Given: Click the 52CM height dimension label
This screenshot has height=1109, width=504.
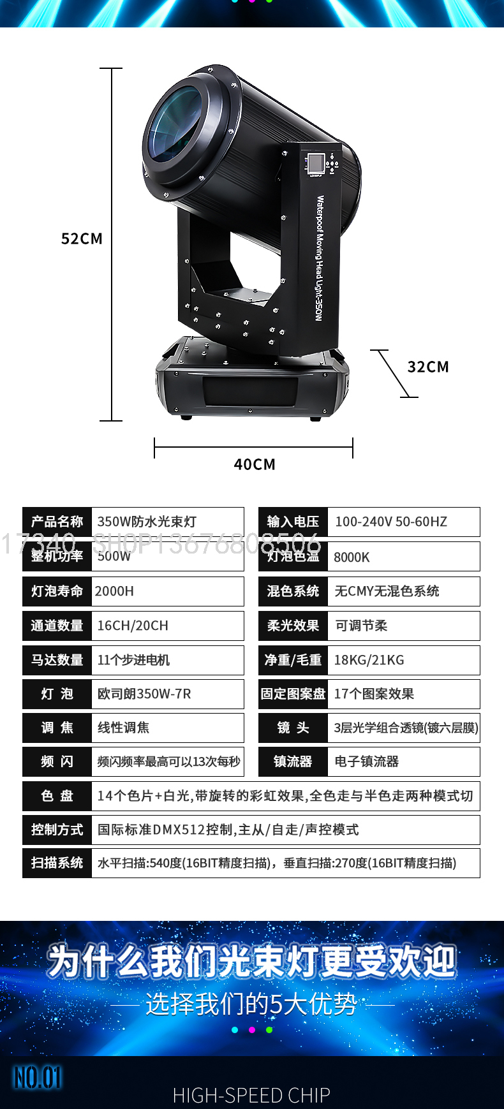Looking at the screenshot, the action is pyautogui.click(x=82, y=239).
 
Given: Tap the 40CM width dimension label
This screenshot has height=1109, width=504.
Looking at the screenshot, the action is pyautogui.click(x=255, y=464).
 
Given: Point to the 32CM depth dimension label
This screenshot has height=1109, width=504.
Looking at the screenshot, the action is pyautogui.click(x=428, y=367).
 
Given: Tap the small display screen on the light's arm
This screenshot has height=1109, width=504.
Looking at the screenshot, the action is pyautogui.click(x=315, y=163).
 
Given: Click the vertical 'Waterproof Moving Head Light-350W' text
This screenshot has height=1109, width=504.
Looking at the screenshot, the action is pyautogui.click(x=320, y=258).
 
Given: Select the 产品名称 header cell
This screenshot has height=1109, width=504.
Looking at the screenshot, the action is pyautogui.click(x=57, y=522).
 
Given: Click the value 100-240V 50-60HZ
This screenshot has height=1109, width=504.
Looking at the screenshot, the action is pyautogui.click(x=391, y=522).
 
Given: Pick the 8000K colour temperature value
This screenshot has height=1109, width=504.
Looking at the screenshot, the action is pyautogui.click(x=352, y=557).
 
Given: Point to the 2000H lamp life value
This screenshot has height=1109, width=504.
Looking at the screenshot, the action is pyautogui.click(x=114, y=591).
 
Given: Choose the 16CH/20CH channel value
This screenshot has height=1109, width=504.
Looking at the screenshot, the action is pyautogui.click(x=133, y=626).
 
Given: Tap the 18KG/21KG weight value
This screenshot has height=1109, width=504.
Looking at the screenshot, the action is pyautogui.click(x=369, y=660).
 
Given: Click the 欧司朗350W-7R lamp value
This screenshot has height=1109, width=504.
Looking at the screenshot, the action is pyautogui.click(x=144, y=694).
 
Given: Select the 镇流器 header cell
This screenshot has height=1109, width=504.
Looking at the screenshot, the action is pyautogui.click(x=293, y=761).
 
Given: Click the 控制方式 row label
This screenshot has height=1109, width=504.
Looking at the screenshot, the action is pyautogui.click(x=57, y=830).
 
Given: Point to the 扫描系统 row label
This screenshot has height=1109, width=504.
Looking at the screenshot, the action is pyautogui.click(x=57, y=863).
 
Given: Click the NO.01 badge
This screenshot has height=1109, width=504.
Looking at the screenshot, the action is pyautogui.click(x=38, y=1078).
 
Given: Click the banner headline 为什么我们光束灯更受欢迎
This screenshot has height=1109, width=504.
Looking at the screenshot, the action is pyautogui.click(x=252, y=962).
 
